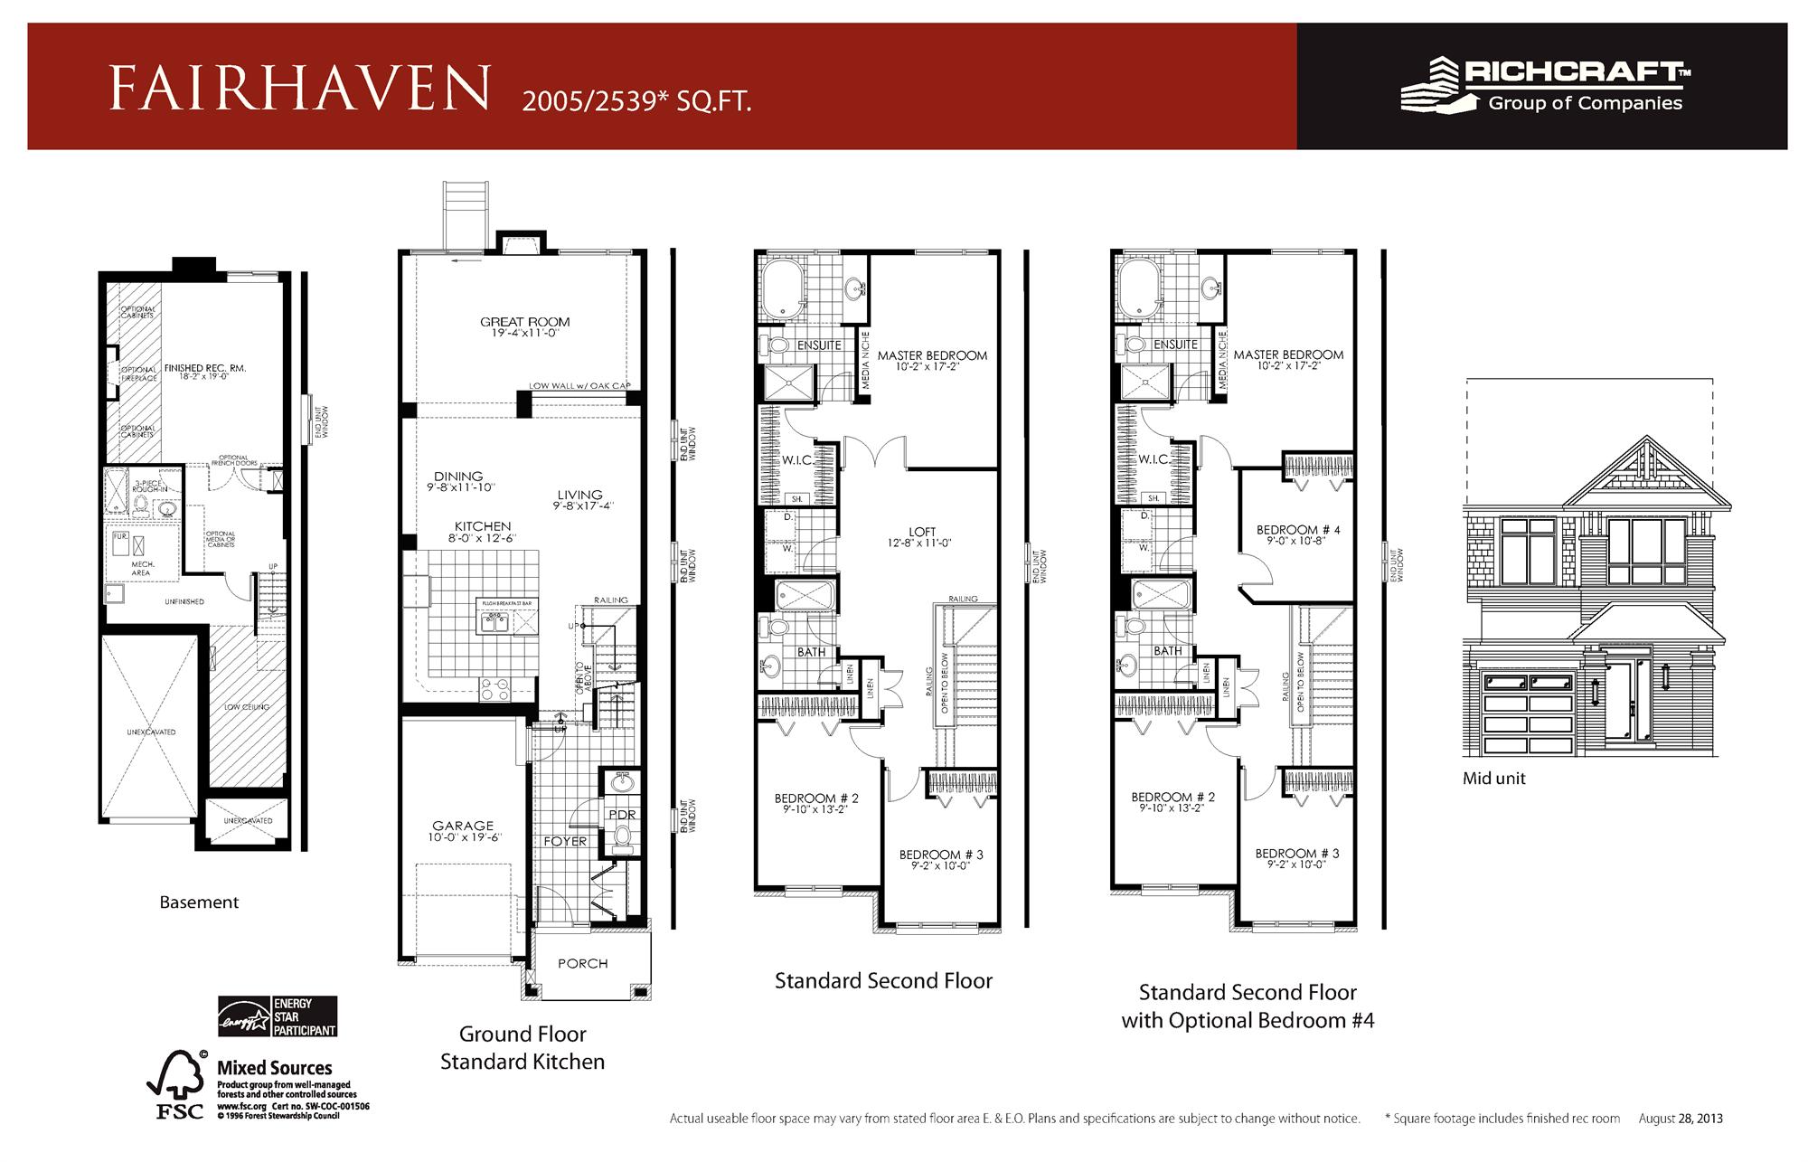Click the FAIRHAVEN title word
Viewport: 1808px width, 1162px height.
point(299,89)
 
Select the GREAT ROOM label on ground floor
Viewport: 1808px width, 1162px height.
point(524,322)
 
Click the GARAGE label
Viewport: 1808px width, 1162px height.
point(463,826)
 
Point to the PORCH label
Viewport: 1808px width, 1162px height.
point(582,964)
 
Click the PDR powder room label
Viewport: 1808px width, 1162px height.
point(622,815)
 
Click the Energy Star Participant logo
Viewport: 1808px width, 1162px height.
point(278,1016)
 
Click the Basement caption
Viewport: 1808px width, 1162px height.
point(199,902)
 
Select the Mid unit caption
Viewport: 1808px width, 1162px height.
point(1493,779)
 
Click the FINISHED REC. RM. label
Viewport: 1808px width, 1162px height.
point(205,369)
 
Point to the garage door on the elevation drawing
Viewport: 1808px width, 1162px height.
point(1527,711)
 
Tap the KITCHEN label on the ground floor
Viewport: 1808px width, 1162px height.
point(483,526)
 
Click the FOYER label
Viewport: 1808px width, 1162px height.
point(565,842)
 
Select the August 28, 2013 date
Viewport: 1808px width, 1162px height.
point(1681,1119)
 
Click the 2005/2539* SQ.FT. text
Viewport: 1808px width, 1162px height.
point(636,102)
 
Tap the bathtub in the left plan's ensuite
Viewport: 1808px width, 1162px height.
point(783,288)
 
